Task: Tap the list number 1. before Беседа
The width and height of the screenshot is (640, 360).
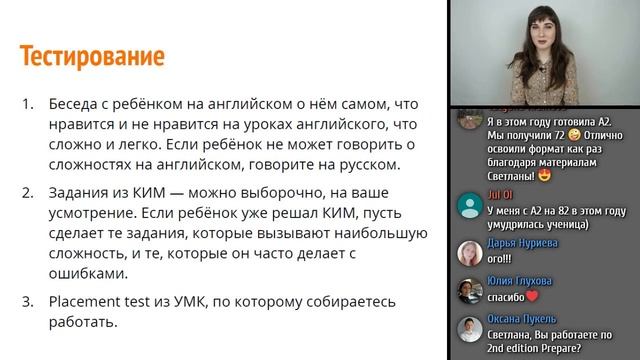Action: [28, 104]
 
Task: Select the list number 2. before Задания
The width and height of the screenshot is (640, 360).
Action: [28, 193]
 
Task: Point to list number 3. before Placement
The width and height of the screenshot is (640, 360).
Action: [28, 302]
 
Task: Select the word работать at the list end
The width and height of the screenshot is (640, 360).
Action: [84, 323]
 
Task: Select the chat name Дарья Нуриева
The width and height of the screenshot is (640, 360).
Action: [521, 242]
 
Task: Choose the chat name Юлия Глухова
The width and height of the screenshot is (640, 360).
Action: [521, 280]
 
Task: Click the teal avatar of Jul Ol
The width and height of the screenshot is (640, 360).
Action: [470, 206]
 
